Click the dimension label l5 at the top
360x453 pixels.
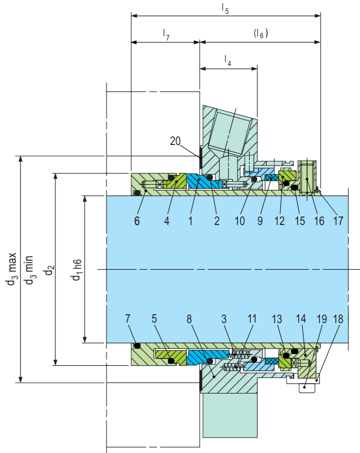point(225,9)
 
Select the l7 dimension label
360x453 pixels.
point(166,35)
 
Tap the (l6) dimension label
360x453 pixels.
point(261,34)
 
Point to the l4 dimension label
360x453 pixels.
point(228,61)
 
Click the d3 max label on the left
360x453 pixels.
point(12,269)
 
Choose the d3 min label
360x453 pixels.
point(29,270)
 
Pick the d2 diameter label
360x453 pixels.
point(49,270)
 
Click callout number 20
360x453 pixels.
point(175,141)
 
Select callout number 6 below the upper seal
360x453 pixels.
point(137,221)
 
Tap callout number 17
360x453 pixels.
point(338,221)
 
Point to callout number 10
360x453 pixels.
point(240,221)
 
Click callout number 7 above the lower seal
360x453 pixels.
point(128,319)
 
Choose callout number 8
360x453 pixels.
point(189,319)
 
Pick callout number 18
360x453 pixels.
point(338,319)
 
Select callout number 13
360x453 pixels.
point(277,319)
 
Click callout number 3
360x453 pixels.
point(224,319)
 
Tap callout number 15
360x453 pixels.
point(300,221)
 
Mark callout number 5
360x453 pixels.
point(154,319)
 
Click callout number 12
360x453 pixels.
point(280,221)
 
